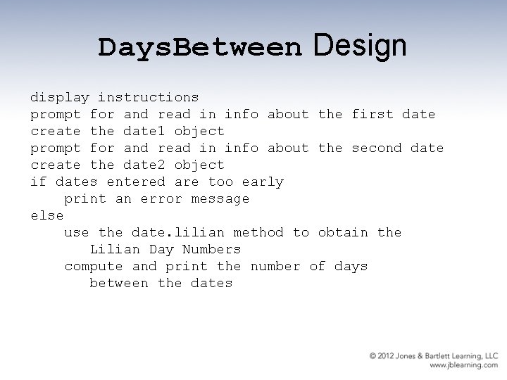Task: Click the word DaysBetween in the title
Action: click(x=199, y=48)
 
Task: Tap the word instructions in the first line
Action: click(x=149, y=97)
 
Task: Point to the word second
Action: click(x=377, y=148)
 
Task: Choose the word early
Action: click(x=263, y=182)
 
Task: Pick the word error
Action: click(x=161, y=198)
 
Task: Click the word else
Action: click(x=47, y=215)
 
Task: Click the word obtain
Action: click(x=343, y=232)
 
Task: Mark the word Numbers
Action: click(x=212, y=249)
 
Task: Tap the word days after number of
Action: click(x=351, y=266)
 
